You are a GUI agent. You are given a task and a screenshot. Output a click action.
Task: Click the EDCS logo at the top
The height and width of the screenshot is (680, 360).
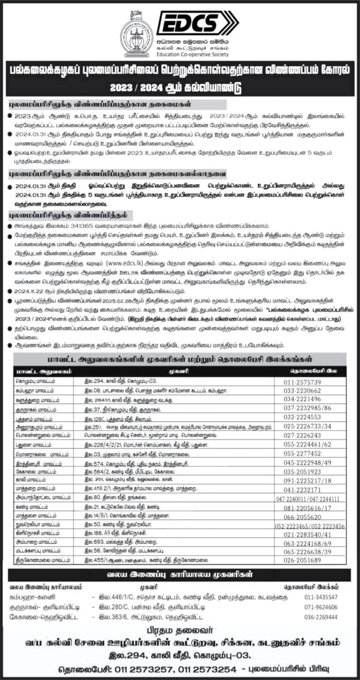(197, 23)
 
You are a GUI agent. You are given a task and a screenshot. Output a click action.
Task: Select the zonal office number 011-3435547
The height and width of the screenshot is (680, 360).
(321, 597)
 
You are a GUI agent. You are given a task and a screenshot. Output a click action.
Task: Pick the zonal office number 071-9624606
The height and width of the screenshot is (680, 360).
(321, 607)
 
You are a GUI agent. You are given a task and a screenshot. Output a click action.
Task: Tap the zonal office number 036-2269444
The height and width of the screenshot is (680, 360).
(321, 617)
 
